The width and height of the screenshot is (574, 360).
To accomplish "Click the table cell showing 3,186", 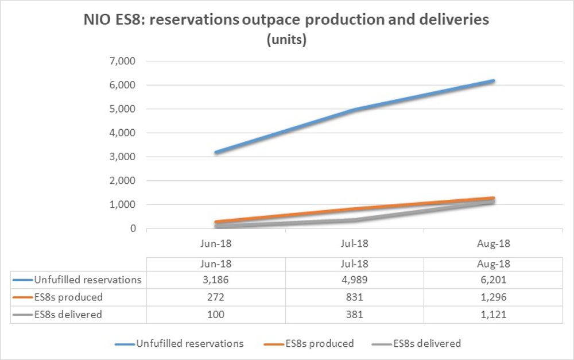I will [216, 280].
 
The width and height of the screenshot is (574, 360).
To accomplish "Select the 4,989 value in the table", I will [354, 280].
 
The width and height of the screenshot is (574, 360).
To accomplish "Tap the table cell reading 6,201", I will [492, 280].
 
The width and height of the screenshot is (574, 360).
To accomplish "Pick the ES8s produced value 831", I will [354, 297].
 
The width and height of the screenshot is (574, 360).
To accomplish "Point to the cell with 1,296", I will [492, 297].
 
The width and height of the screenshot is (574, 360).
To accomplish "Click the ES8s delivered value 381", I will [354, 314].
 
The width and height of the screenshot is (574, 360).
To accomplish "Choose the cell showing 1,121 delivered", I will [492, 314].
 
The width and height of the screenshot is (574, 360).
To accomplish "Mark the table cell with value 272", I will [216, 297].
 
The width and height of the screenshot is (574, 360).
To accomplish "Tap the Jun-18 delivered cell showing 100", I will [216, 314].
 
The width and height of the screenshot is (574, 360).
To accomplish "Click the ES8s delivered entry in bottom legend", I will [427, 343].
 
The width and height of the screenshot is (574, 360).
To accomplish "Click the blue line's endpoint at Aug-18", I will [492, 81].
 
